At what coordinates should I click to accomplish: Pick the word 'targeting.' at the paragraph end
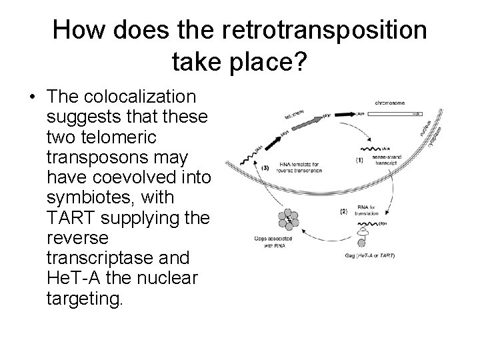[x=85, y=298]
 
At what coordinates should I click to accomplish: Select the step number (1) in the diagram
[x=359, y=160]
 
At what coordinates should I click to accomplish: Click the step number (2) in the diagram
[x=344, y=211]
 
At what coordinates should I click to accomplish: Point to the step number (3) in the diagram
[x=264, y=167]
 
